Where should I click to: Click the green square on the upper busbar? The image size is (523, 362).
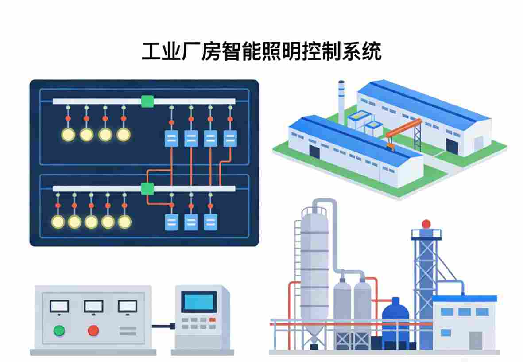click(x=147, y=101)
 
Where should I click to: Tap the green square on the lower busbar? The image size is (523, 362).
click(x=147, y=189)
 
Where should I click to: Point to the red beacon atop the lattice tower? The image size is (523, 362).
click(x=426, y=224)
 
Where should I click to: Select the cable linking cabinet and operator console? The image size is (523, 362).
click(x=163, y=327)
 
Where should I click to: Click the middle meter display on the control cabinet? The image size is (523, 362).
click(x=93, y=306)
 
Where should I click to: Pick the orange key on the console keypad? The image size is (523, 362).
click(x=213, y=319)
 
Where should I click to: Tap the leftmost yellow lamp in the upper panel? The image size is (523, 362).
click(x=68, y=135)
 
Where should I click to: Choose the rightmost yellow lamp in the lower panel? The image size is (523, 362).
click(x=124, y=222)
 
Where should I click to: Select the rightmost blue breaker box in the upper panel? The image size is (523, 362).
click(x=230, y=139)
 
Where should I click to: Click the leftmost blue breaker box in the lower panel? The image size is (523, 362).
click(x=171, y=222)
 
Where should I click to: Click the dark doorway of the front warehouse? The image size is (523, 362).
click(x=314, y=152)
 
